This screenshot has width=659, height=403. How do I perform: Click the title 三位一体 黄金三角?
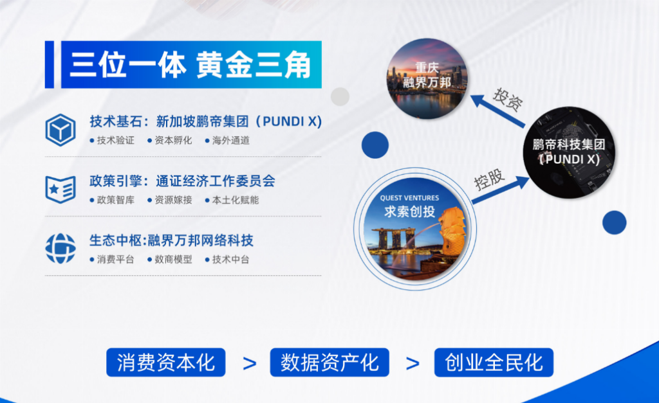(x=190, y=65)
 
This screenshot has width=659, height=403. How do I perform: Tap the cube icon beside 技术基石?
(x=60, y=130)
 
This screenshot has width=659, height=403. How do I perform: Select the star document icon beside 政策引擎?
(x=60, y=190)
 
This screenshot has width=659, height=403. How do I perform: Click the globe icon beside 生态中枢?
(x=60, y=249)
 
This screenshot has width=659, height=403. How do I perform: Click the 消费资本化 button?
(x=166, y=363)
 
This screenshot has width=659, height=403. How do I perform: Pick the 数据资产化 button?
(x=329, y=363)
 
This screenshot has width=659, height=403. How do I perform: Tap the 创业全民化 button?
(x=494, y=363)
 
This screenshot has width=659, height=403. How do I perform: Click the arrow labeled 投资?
(x=497, y=111)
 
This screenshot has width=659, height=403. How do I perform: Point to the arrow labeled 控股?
(x=501, y=190)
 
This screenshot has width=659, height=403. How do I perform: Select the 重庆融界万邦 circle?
(x=427, y=78)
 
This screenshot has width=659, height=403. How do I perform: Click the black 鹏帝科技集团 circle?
(x=569, y=152)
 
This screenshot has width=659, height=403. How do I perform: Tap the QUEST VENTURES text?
(x=409, y=198)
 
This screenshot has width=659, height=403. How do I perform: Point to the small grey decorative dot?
(x=340, y=96)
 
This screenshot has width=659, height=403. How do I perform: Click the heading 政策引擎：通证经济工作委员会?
(x=182, y=181)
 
